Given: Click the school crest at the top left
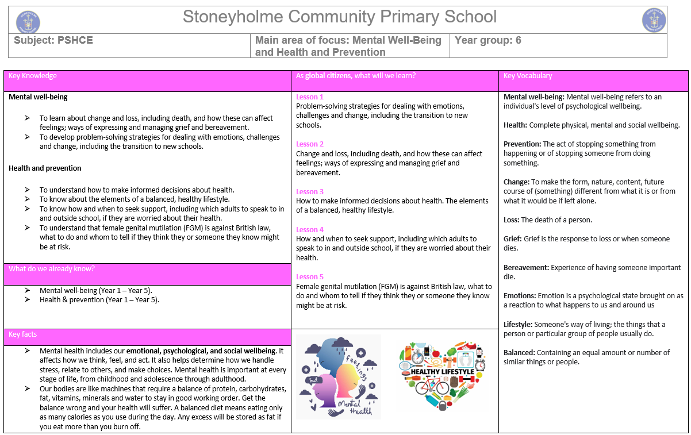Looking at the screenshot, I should (x=28, y=22).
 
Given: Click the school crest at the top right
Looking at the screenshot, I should (x=654, y=21).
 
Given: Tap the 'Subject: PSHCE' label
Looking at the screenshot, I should (x=53, y=40).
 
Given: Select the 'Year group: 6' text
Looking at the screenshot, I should (x=487, y=40).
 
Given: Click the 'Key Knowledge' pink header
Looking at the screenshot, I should (x=33, y=76).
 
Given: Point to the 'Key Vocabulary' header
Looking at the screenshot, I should (x=527, y=76).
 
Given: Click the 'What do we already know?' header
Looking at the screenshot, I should (x=52, y=268).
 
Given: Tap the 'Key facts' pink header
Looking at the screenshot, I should (x=23, y=334).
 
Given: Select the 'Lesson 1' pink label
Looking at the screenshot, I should (x=310, y=97).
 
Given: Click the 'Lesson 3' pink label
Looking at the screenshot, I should (x=310, y=192).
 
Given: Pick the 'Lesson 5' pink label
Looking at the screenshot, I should (x=310, y=277).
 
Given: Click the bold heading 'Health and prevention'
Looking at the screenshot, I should (x=45, y=168).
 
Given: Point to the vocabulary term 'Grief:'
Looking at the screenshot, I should (x=514, y=239).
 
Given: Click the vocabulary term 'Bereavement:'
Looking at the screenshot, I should (x=526, y=268).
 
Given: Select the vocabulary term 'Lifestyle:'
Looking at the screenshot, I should (x=518, y=325).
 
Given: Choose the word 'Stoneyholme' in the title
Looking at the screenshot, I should (x=233, y=17).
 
